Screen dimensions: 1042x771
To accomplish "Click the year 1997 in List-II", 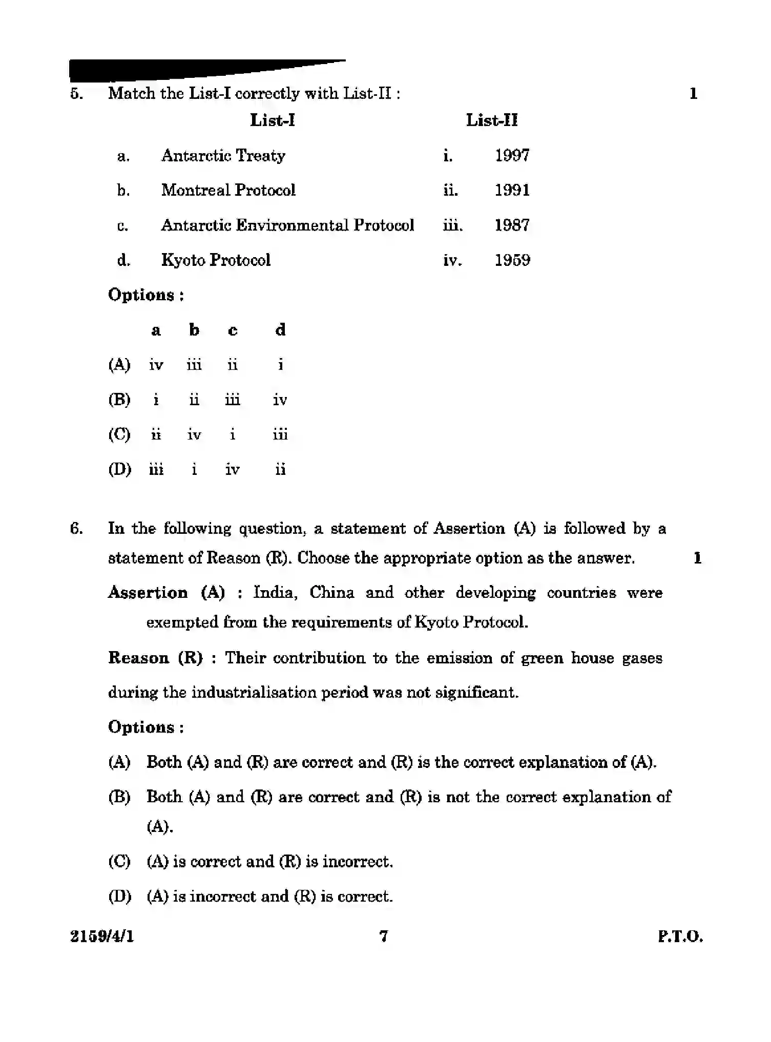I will [512, 155].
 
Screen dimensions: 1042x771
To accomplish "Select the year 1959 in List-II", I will [512, 260].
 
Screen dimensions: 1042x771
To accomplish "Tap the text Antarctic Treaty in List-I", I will [223, 155].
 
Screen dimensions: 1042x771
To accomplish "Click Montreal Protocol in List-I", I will [228, 190].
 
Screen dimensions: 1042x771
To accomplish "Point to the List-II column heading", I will [491, 120].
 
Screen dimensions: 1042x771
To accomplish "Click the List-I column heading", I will [272, 120].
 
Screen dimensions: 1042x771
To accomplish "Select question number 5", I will [76, 94].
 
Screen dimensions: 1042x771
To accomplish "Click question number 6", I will [76, 528].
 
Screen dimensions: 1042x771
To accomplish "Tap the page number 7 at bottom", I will [383, 936].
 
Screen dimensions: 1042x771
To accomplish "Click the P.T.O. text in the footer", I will [680, 937].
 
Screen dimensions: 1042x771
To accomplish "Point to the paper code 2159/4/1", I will [101, 936].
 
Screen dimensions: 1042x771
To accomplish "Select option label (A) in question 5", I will [119, 365].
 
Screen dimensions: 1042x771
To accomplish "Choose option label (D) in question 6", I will [119, 897].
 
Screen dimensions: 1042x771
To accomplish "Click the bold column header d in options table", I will [280, 330].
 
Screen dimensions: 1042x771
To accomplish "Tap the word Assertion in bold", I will [148, 593].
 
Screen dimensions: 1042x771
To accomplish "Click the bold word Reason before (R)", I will [138, 658].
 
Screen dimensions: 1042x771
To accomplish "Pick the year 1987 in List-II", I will [512, 225].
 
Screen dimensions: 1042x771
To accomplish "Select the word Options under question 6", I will [141, 727].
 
